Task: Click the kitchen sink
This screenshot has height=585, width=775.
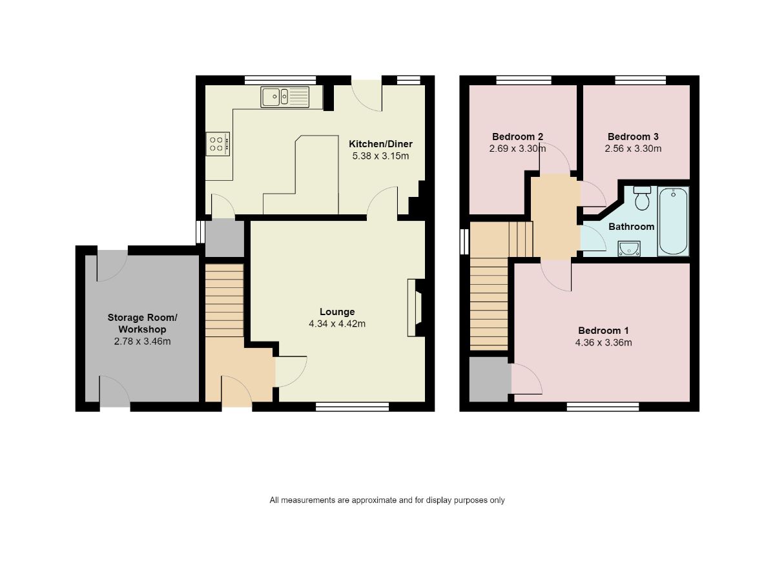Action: pyautogui.click(x=285, y=97)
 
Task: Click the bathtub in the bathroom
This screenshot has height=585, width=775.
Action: pyautogui.click(x=673, y=221)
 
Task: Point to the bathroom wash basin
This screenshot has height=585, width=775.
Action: pyautogui.click(x=628, y=248)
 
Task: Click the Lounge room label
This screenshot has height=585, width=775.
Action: pyautogui.click(x=337, y=312)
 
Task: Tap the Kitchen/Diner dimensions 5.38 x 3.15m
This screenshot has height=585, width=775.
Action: pyautogui.click(x=380, y=156)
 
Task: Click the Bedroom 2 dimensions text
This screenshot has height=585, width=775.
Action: pyautogui.click(x=517, y=149)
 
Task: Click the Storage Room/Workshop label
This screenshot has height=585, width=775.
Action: pyautogui.click(x=142, y=323)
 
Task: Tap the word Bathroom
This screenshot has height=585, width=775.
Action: pyautogui.click(x=631, y=227)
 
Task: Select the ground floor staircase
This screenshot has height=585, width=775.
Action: pyautogui.click(x=224, y=300)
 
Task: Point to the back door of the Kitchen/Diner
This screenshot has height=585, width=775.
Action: pyautogui.click(x=366, y=94)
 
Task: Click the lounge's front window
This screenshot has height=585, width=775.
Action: pyautogui.click(x=352, y=406)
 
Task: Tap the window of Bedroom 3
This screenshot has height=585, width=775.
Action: pyautogui.click(x=640, y=81)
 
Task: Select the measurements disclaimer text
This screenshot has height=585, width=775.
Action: pyautogui.click(x=387, y=500)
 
